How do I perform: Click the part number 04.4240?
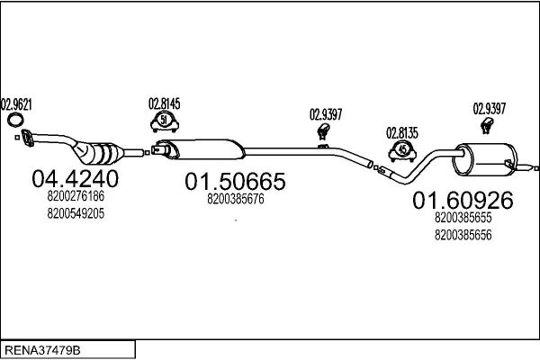[x=75, y=178]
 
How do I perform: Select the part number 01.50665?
[x=235, y=182]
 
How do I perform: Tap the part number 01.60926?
[x=463, y=201]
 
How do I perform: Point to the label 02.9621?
[x=16, y=104]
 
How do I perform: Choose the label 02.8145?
[x=165, y=103]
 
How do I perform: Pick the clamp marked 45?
[x=402, y=151]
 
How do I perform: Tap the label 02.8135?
[x=402, y=133]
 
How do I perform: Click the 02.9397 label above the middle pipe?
[x=326, y=114]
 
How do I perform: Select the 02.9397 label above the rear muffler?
[x=489, y=109]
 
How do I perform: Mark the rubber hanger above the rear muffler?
[x=487, y=125]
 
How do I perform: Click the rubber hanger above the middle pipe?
[x=323, y=132]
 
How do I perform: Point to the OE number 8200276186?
[x=76, y=196]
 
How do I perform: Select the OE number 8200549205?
[x=76, y=213]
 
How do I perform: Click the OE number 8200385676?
[x=236, y=199]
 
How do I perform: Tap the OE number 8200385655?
[x=463, y=218]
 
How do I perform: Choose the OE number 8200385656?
[x=463, y=235]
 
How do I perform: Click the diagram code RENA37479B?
[x=42, y=350]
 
